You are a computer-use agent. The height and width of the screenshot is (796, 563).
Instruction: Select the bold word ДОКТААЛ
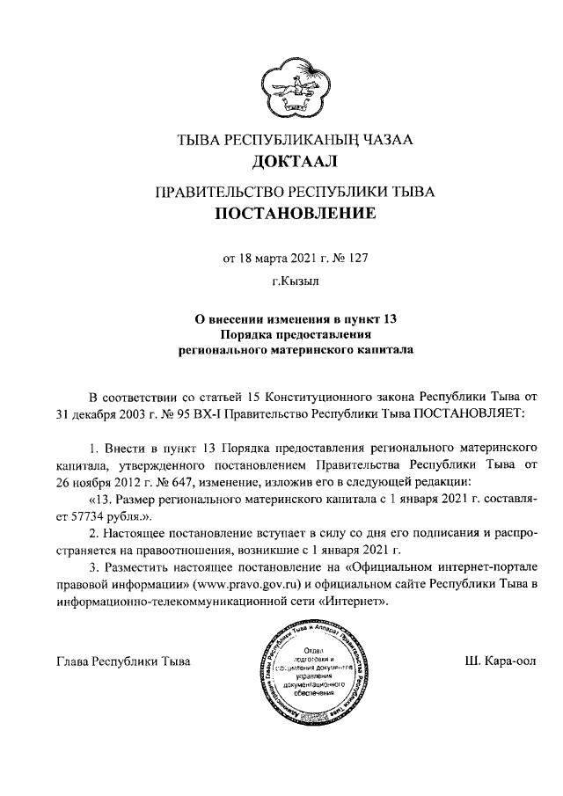click(281, 161)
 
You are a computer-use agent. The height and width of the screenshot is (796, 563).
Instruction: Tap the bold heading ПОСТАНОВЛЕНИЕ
click(281, 213)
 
